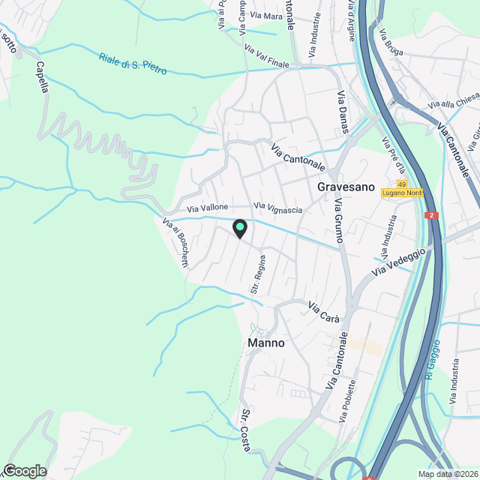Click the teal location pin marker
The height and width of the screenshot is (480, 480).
239,228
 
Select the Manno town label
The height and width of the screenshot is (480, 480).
266,343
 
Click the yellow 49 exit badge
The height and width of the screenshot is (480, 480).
403,184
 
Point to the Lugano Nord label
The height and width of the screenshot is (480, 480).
403,193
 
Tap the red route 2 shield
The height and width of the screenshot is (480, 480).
431,215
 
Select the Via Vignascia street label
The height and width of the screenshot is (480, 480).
277,208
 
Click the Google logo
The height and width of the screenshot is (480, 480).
24,470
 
